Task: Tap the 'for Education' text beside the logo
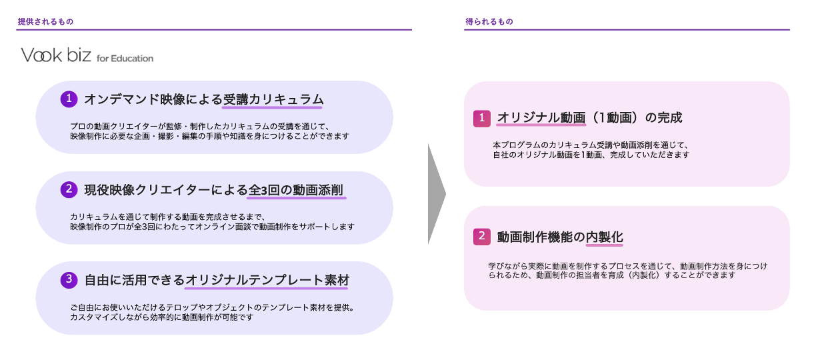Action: coord(125,58)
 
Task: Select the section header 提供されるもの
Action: coord(45,22)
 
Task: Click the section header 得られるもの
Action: coord(489,22)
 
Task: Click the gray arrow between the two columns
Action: coord(435,194)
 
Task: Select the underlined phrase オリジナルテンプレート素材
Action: coord(267,280)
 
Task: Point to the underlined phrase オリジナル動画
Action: coord(541,118)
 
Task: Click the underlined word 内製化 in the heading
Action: coord(604,237)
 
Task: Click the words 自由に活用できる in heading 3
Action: coord(134,280)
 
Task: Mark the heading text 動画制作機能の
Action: coord(541,237)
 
